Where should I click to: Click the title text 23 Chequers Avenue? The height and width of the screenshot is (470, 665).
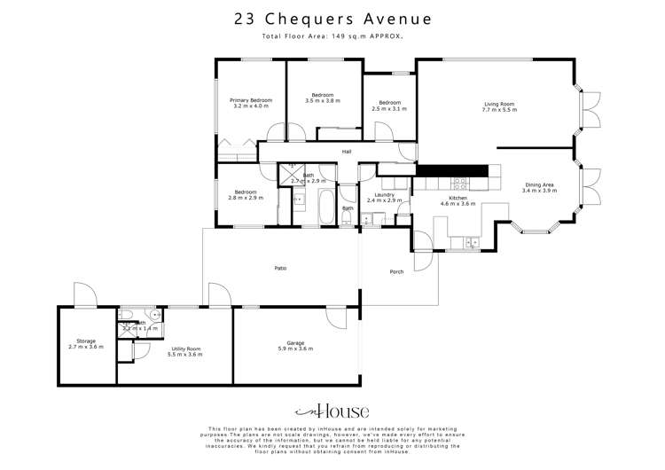[332, 18]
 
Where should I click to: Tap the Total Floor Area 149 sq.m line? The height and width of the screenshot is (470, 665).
[332, 36]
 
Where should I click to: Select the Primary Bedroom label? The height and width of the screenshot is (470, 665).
[251, 100]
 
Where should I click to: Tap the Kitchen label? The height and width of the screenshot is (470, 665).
[458, 198]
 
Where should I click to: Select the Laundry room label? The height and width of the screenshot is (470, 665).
[384, 194]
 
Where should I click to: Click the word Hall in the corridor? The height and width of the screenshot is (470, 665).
[348, 152]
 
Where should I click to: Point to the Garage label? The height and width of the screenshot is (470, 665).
[296, 343]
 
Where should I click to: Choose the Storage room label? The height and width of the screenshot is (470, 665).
[86, 341]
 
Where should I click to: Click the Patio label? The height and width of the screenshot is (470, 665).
[279, 267]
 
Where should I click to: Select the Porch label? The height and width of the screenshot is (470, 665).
[396, 271]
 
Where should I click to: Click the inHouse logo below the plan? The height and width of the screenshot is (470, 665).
[332, 411]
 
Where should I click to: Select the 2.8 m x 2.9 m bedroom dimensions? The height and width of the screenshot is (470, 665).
[246, 198]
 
